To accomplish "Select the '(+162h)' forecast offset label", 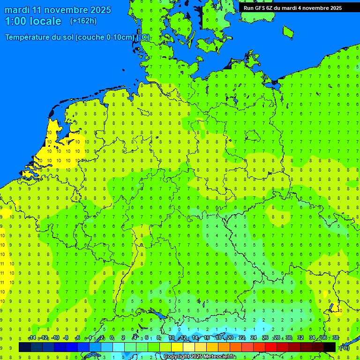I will (x=83, y=21).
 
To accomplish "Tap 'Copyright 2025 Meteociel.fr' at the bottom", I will (x=199, y=357).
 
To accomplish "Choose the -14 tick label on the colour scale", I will (x=31, y=338).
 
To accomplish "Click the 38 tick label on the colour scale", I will (x=335, y=338).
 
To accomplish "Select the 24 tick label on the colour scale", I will (x=254, y=338).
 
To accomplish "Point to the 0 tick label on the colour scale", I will (x=112, y=338).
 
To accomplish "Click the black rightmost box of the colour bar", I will (x=330, y=347).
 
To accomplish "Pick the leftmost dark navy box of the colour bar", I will (x=25, y=347).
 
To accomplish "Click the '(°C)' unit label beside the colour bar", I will (x=345, y=347).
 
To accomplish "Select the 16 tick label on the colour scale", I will (x=207, y=338).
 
